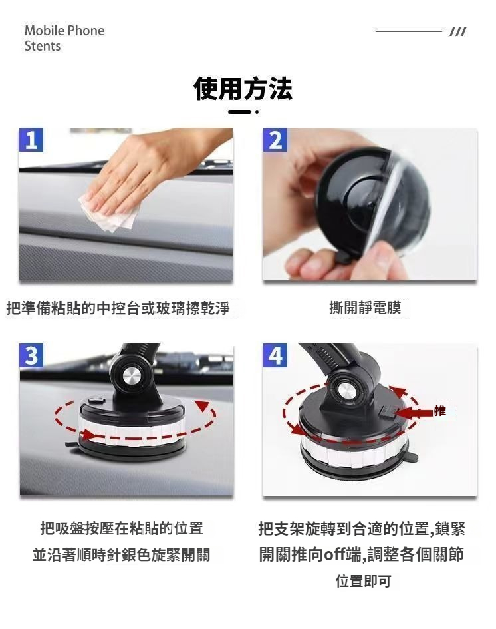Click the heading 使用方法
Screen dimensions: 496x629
click(243, 89)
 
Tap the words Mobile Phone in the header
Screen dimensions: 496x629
click(64, 31)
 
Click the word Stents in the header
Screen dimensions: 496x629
click(43, 46)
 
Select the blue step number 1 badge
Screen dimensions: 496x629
click(31, 140)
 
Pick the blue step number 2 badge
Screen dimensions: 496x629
click(275, 140)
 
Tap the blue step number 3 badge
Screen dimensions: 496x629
click(31, 355)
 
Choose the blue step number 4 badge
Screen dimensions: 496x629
click(275, 355)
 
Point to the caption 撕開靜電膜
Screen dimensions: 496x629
click(365, 308)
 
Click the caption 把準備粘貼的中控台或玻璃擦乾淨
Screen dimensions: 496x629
click(118, 308)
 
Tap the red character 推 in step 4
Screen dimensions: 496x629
click(440, 411)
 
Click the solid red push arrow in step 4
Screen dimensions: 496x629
click(413, 413)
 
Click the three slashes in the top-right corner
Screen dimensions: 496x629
click(458, 31)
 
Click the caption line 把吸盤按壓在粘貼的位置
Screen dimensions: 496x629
click(122, 528)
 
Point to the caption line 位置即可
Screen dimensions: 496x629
click(364, 581)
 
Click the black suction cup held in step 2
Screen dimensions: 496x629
click(372, 204)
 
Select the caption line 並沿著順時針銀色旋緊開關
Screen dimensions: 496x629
click(122, 555)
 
